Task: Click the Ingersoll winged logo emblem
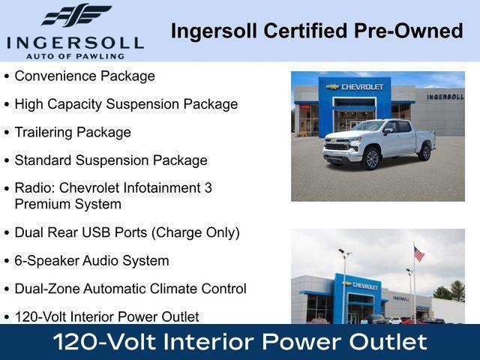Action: point(76,16)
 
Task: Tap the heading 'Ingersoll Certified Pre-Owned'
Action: point(316,31)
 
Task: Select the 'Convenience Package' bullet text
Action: point(85,76)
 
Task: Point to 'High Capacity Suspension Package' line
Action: point(126,104)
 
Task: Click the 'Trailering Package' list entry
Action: point(73,132)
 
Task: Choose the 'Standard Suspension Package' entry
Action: point(111,160)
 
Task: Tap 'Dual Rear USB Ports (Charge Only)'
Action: point(127,232)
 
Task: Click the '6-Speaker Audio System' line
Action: point(91,260)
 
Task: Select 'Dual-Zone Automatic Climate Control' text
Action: point(130,289)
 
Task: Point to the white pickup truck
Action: point(379,142)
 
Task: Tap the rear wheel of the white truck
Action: point(425,151)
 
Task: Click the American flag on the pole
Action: point(418,254)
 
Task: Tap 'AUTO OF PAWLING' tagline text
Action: point(75,55)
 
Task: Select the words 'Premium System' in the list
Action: point(67,203)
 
